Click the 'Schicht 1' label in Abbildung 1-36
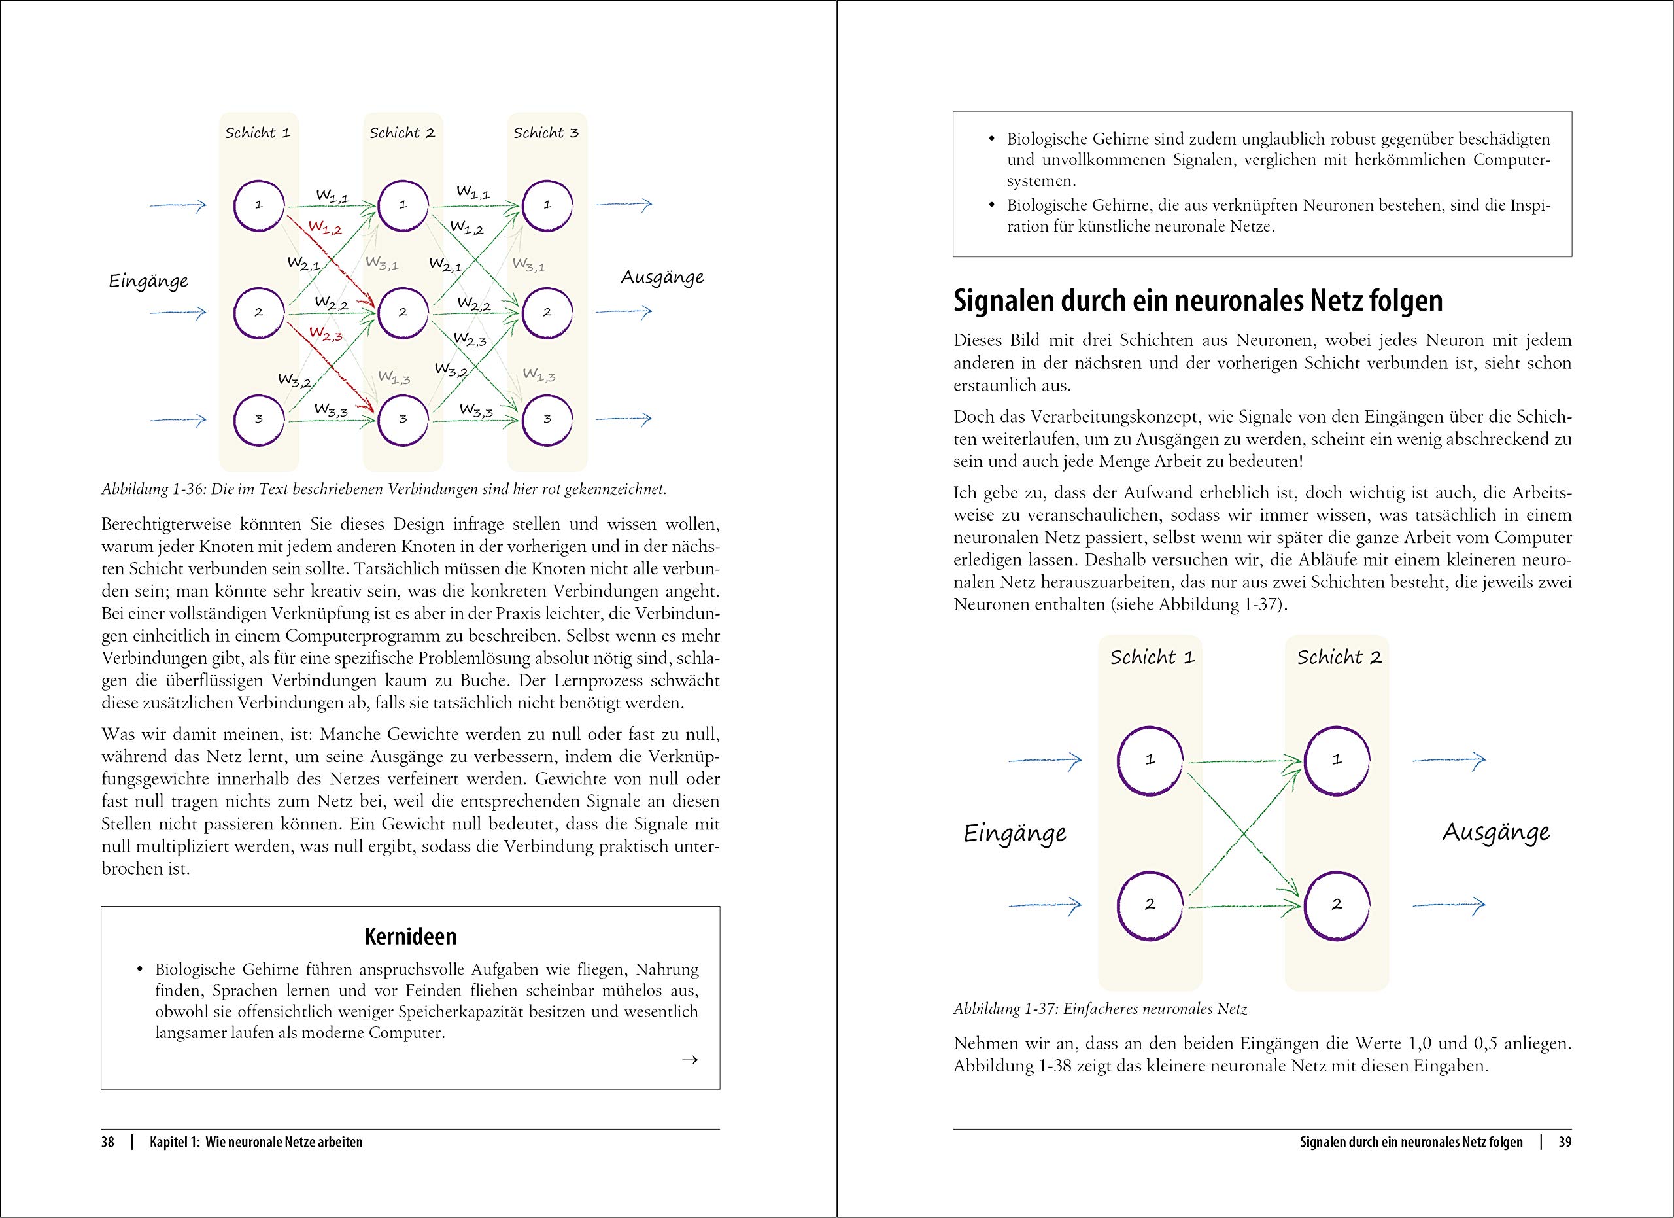tap(258, 133)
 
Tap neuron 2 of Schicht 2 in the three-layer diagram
tap(403, 312)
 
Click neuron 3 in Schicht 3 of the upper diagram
tap(547, 419)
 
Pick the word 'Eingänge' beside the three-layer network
tap(148, 281)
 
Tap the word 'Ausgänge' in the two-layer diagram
tap(1495, 833)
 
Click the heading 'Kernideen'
tap(411, 936)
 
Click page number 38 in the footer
tap(108, 1142)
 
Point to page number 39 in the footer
tap(1565, 1142)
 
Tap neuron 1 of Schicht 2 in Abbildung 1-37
tap(1337, 759)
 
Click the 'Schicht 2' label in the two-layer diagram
tap(1339, 657)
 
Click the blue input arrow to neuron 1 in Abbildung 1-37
tap(1044, 760)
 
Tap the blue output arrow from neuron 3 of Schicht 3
tap(624, 419)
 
